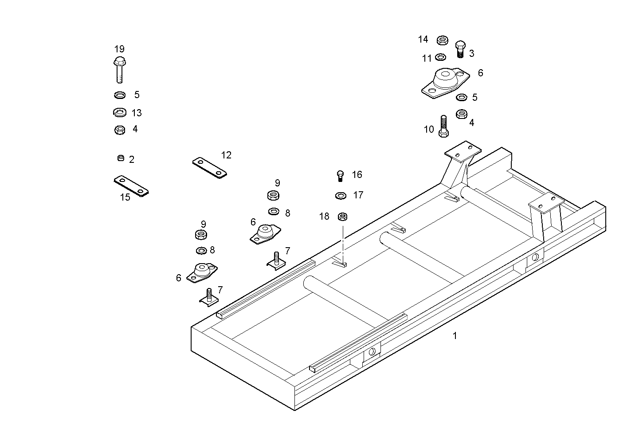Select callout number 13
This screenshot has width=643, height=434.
pyautogui.click(x=137, y=113)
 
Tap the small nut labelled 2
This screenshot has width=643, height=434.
pyautogui.click(x=121, y=158)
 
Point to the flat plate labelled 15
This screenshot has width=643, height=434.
pyautogui.click(x=131, y=185)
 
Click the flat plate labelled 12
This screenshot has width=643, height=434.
pyautogui.click(x=209, y=167)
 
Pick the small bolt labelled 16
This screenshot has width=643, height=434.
pyautogui.click(x=340, y=176)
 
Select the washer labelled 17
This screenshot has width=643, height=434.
pyautogui.click(x=341, y=195)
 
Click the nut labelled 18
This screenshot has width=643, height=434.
pyautogui.click(x=342, y=217)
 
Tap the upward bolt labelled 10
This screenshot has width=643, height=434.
pyautogui.click(x=443, y=126)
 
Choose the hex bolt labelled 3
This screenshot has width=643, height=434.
pyautogui.click(x=460, y=49)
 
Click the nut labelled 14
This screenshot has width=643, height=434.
pyautogui.click(x=442, y=40)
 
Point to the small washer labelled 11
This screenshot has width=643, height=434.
pyautogui.click(x=440, y=57)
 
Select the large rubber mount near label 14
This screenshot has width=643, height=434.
pyautogui.click(x=445, y=83)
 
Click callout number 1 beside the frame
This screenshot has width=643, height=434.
pyautogui.click(x=455, y=336)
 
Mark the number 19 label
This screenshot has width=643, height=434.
pyautogui.click(x=119, y=49)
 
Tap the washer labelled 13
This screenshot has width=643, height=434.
pyautogui.click(x=119, y=112)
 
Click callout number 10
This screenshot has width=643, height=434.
pyautogui.click(x=429, y=130)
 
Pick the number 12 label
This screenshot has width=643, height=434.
pyautogui.click(x=226, y=155)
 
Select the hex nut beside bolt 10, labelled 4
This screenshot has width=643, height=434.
pyautogui.click(x=461, y=114)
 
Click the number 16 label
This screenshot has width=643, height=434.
pyautogui.click(x=357, y=175)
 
